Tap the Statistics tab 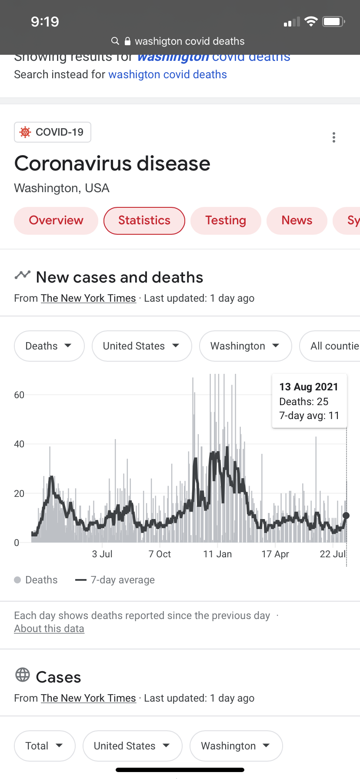144,221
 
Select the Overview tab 56,221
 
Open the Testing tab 226,221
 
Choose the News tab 297,221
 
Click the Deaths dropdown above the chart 49,346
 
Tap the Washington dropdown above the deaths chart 245,346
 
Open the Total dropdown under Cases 44,746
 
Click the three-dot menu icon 334,137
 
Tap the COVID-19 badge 53,132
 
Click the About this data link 49,629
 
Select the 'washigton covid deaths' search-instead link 167,75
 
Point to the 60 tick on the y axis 19,395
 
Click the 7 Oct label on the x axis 160,554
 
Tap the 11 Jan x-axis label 217,554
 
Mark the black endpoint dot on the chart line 346,516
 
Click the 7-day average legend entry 115,580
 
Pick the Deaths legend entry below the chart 36,580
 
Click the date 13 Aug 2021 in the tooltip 309,387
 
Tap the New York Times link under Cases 88,698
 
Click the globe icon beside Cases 23,675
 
